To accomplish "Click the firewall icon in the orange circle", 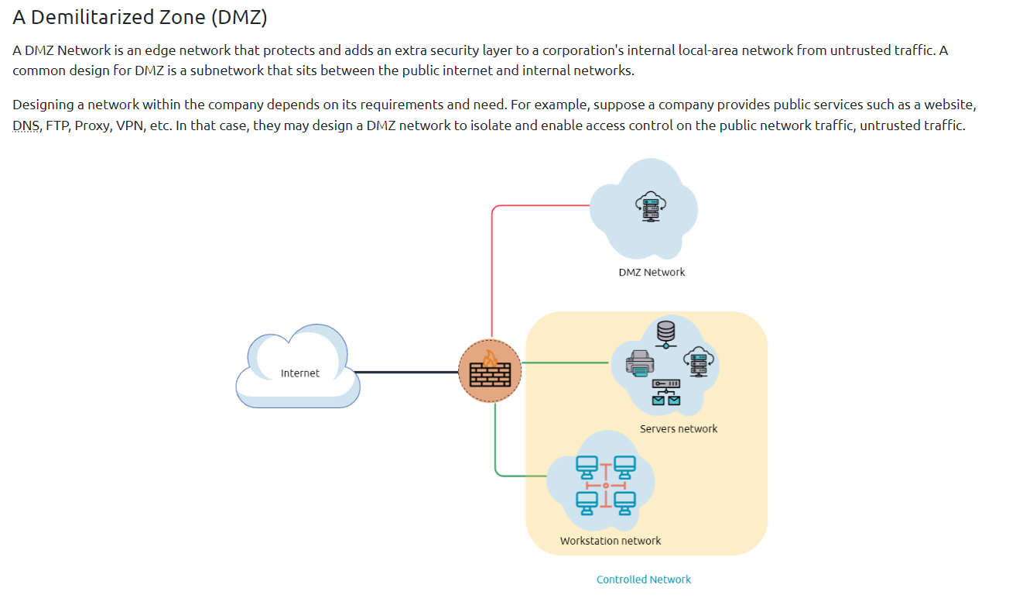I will (490, 371).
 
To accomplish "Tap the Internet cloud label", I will (299, 373).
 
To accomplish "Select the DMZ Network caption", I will (652, 272).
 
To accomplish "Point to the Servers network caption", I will (679, 428).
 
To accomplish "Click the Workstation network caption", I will (611, 541).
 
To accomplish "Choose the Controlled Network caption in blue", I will (644, 579).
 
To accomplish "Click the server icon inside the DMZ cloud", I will (651, 207).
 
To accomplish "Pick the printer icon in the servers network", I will (639, 363).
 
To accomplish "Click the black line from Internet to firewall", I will (409, 373).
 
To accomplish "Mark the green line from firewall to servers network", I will (566, 363).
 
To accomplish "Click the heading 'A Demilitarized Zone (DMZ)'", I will (140, 17).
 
